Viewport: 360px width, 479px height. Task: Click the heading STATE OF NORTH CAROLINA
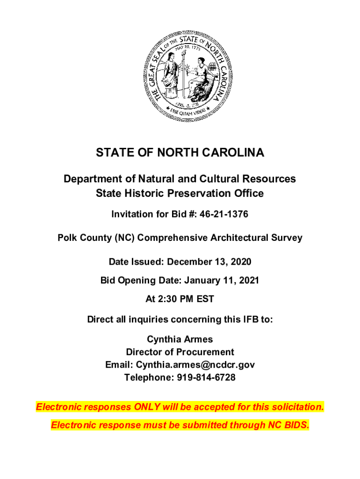[x=180, y=153]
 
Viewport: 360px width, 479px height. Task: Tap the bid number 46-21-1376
[x=224, y=214]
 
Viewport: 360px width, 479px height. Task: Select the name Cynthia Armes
[x=180, y=339]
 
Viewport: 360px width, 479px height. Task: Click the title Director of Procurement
[x=180, y=352]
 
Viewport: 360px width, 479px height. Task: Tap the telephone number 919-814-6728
[x=206, y=377]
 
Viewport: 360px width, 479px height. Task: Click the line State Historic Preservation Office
[x=180, y=193]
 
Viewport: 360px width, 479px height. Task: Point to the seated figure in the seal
[x=202, y=75]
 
